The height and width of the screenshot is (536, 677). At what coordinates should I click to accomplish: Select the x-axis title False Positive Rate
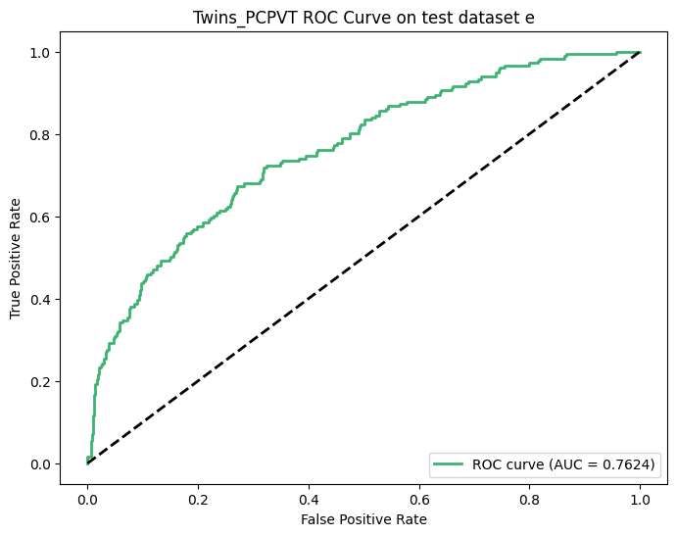[363, 517]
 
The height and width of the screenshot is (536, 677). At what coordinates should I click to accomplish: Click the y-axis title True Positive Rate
[16, 258]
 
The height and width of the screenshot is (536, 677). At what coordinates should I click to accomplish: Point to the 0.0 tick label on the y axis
[40, 463]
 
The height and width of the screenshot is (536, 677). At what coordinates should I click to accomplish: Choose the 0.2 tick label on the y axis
[40, 381]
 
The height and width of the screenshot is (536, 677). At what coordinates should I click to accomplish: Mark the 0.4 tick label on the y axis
[40, 299]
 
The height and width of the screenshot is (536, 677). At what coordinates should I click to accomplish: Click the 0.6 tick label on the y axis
[40, 217]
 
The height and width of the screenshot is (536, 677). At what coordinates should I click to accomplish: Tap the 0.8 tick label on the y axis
[40, 134]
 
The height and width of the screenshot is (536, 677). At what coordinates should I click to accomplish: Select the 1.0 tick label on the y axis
[40, 52]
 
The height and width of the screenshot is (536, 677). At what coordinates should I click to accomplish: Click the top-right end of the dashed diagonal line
[640, 52]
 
